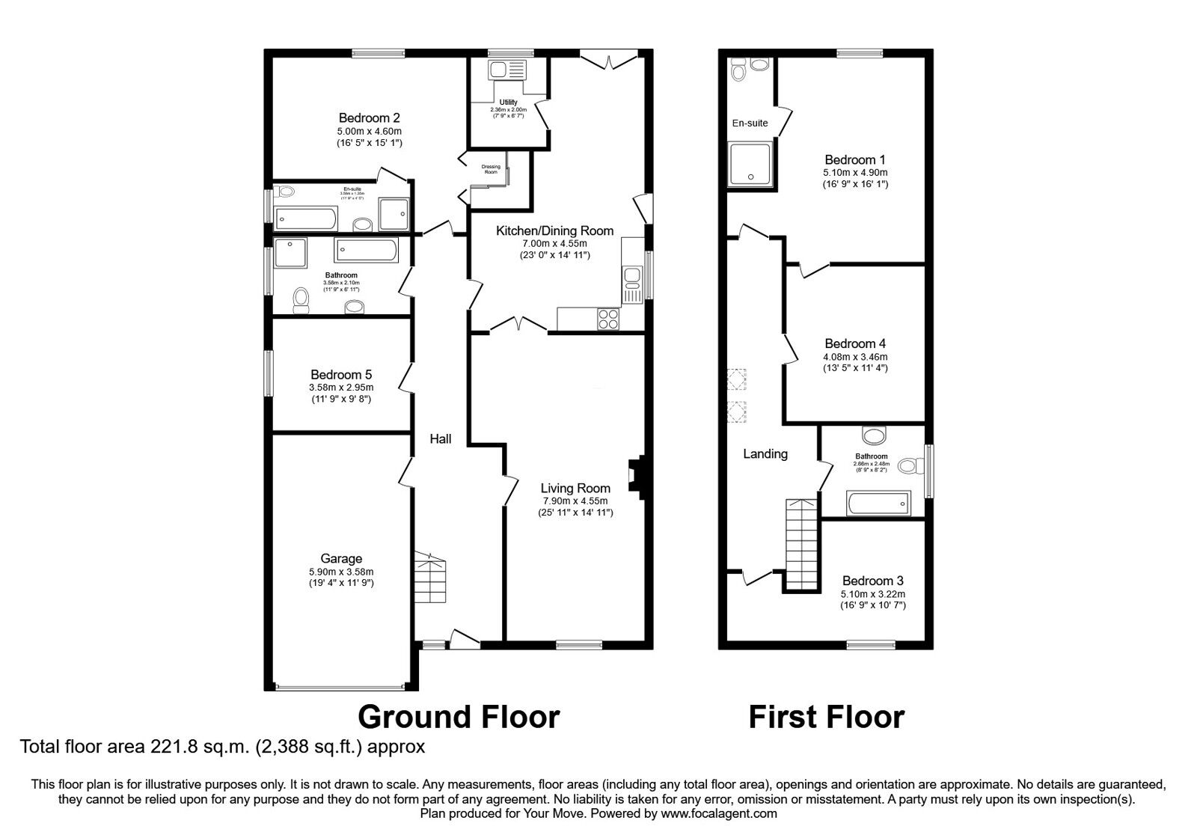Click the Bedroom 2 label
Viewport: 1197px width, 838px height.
pos(369,117)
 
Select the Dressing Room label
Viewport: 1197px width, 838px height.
pos(490,169)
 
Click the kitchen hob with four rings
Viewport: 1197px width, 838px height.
pos(607,319)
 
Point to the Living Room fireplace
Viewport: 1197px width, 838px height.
pos(635,476)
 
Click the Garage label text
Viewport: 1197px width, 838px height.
pos(341,558)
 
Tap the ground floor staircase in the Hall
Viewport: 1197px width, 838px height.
pos(430,577)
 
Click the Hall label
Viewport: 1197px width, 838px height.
pos(440,439)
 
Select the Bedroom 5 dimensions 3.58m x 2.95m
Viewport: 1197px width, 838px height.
pos(340,388)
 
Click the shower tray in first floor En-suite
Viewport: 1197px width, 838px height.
pos(750,165)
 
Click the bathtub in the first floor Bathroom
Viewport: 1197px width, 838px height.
pos(878,504)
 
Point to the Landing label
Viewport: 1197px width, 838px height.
pos(765,453)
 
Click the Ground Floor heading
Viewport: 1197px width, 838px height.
pos(458,716)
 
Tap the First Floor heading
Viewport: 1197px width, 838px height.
pos(826,716)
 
